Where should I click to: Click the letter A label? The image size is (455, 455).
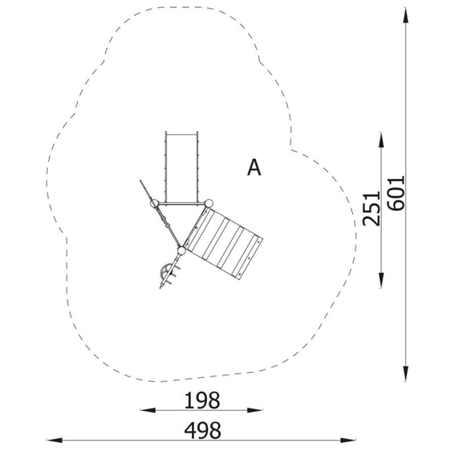(x=254, y=168)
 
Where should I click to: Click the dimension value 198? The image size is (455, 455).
(x=202, y=400)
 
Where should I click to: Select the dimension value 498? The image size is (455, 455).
(x=202, y=430)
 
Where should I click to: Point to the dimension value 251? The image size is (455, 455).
(x=372, y=208)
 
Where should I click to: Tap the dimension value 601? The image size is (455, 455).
(x=396, y=193)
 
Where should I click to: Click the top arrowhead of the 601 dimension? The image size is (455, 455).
(x=406, y=15)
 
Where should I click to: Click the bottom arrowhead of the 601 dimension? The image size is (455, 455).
(x=406, y=374)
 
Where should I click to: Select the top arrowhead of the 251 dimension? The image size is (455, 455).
(x=381, y=140)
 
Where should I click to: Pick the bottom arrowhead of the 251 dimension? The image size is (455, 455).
(x=381, y=280)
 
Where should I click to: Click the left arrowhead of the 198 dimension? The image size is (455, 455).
(x=148, y=410)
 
